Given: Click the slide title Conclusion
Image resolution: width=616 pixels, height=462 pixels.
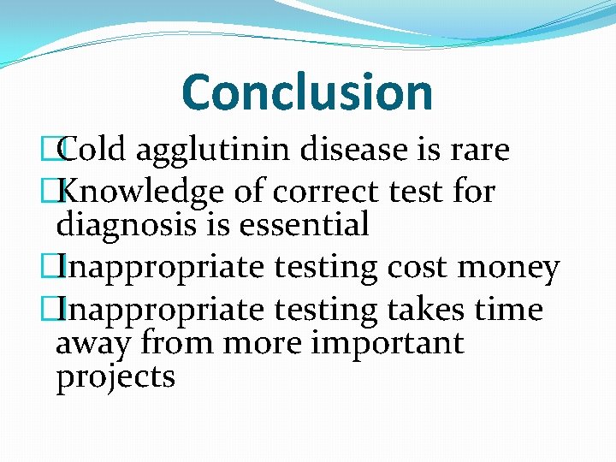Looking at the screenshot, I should point(307,92).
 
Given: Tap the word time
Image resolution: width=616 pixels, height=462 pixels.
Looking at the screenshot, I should point(508,309).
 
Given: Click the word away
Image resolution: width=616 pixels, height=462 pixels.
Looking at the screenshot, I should point(92,344).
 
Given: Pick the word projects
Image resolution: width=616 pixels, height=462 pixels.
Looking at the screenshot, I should point(115,377).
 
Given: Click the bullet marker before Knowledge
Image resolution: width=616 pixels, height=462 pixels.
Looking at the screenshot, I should point(60,192).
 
